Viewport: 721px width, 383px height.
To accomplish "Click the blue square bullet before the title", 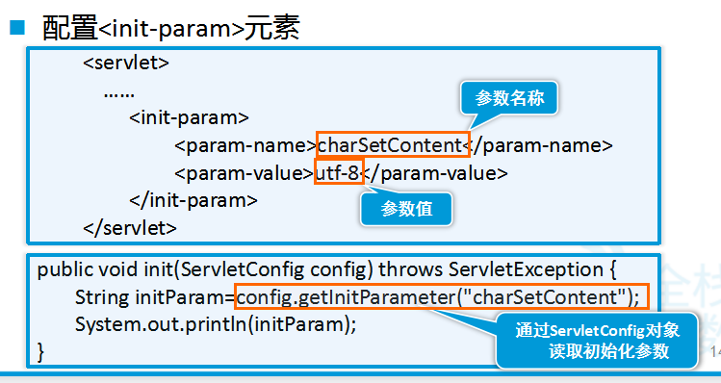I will coord(17,26).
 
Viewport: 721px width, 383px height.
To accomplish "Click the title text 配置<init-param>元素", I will coord(171,26).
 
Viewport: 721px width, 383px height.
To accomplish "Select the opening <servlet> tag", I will coord(126,64).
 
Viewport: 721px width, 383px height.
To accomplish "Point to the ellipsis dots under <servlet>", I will coord(119,92).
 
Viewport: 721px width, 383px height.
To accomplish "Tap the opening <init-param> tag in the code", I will coord(189,118).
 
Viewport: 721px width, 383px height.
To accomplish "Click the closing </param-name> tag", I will coord(541,146).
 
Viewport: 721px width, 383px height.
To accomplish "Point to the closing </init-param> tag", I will coord(193,201).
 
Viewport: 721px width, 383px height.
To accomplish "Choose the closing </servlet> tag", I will coord(130,228).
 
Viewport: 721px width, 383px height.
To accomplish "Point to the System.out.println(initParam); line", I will coord(216,323).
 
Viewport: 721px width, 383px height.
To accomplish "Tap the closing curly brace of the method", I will coord(41,351).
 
